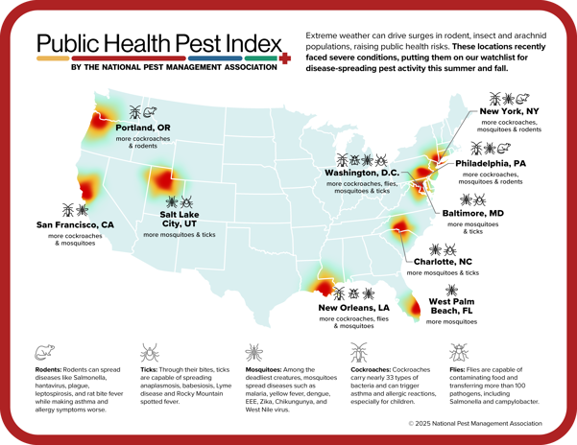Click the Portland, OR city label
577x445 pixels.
(x=143, y=128)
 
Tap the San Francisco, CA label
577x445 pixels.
(x=75, y=224)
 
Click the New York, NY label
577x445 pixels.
(x=510, y=111)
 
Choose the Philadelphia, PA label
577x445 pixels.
(x=491, y=163)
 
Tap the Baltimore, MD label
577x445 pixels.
(x=472, y=213)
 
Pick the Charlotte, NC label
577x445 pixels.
(x=443, y=261)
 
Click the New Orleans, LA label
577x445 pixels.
(x=354, y=308)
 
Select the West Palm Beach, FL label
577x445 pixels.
(x=451, y=306)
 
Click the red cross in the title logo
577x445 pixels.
(x=284, y=59)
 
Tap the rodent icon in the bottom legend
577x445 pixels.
(x=44, y=353)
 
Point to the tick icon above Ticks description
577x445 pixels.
(x=150, y=353)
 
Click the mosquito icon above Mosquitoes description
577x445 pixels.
(x=254, y=353)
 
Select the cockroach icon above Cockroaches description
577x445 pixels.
(x=359, y=352)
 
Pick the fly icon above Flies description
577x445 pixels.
(x=459, y=353)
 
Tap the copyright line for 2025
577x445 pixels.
(x=474, y=422)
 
